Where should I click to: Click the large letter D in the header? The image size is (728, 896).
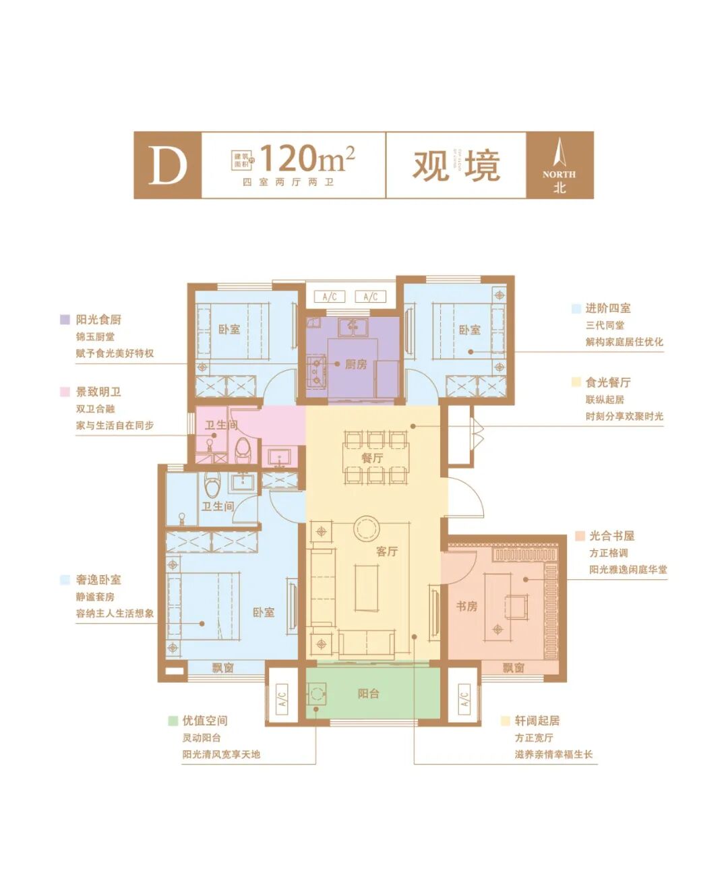click(167, 165)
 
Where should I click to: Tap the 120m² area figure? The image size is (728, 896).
click(307, 158)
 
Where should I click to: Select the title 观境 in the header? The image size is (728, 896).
click(456, 165)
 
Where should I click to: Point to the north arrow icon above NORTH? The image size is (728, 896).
click(559, 152)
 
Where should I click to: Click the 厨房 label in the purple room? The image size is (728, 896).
click(356, 364)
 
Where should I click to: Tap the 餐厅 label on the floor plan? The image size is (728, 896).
click(371, 458)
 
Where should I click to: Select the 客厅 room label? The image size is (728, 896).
click(387, 551)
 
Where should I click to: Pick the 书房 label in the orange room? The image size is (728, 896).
click(466, 606)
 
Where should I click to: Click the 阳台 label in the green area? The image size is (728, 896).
click(368, 693)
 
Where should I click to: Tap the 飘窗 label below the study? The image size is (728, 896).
click(513, 667)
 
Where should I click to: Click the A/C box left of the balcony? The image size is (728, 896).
click(282, 699)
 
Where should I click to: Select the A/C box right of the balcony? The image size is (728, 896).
click(464, 699)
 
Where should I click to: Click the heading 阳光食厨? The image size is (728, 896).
click(98, 320)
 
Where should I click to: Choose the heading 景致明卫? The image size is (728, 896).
click(98, 392)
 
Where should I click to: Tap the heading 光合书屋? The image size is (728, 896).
click(611, 536)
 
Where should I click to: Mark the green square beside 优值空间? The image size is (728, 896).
click(173, 721)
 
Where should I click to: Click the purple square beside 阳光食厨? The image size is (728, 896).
click(65, 320)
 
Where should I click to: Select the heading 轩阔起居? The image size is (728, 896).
click(537, 721)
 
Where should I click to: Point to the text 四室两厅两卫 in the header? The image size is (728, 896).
click(288, 182)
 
